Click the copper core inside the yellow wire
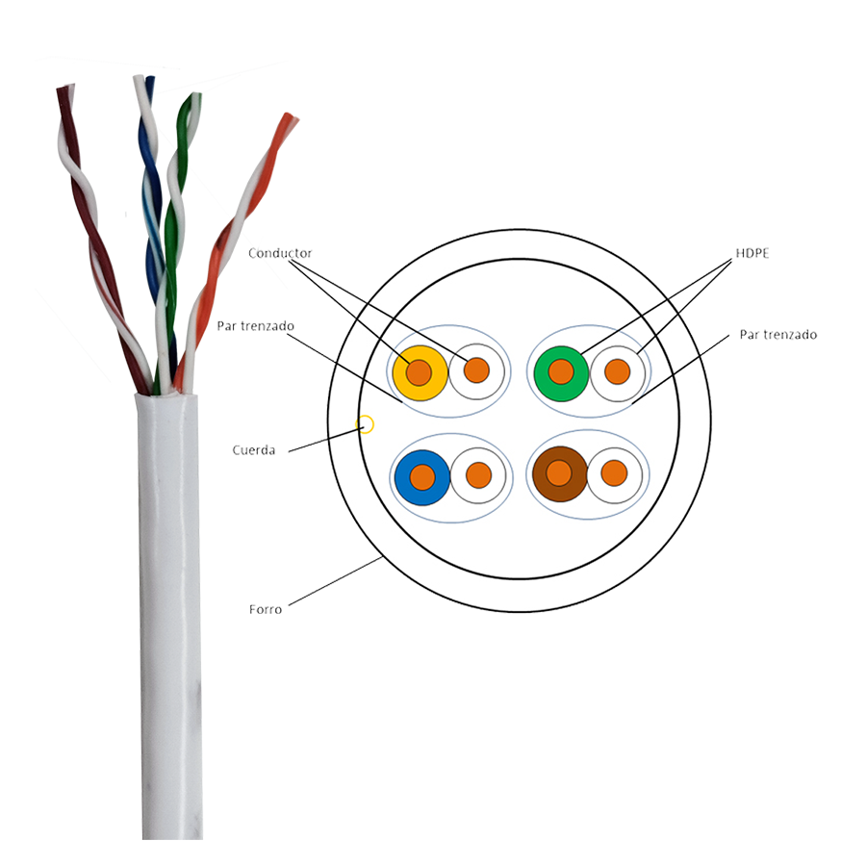pyautogui.click(x=419, y=371)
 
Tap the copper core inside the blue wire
pyautogui.click(x=422, y=475)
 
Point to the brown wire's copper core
pyautogui.click(x=559, y=472)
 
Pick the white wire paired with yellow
pyautogui.click(x=477, y=370)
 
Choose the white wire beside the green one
pyautogui.click(x=617, y=371)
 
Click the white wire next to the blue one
pyautogui.click(x=478, y=474)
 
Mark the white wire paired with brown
pyautogui.click(x=614, y=472)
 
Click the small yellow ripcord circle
pyautogui.click(x=366, y=424)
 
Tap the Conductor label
pyautogui.click(x=280, y=253)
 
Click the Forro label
pyautogui.click(x=267, y=609)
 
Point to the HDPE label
pyautogui.click(x=749, y=253)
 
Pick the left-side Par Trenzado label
pyautogui.click(x=255, y=327)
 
